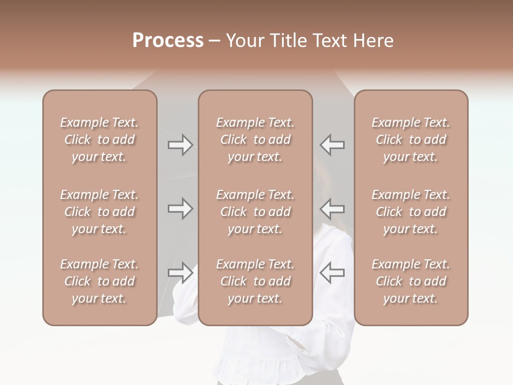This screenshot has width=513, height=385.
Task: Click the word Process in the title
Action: click(168, 41)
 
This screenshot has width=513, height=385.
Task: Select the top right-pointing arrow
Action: click(181, 145)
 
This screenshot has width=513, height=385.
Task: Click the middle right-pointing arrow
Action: click(181, 209)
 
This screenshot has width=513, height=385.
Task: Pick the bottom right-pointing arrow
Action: click(181, 273)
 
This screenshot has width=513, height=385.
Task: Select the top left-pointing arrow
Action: click(332, 145)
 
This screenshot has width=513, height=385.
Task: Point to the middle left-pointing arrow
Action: click(332, 209)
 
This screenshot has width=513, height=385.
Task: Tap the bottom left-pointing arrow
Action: click(332, 273)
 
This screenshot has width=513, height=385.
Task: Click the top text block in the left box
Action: click(99, 140)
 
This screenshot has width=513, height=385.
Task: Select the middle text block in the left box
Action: click(99, 212)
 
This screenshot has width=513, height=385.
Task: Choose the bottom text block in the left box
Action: click(99, 281)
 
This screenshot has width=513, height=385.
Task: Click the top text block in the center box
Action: click(255, 140)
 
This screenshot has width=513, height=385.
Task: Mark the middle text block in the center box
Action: click(255, 212)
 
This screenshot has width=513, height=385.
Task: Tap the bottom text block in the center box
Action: click(255, 281)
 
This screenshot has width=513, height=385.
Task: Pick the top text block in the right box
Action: click(411, 140)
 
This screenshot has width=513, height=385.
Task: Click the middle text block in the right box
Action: click(411, 212)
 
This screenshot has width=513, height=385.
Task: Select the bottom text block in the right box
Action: click(411, 281)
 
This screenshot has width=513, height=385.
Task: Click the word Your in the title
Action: click(245, 41)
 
